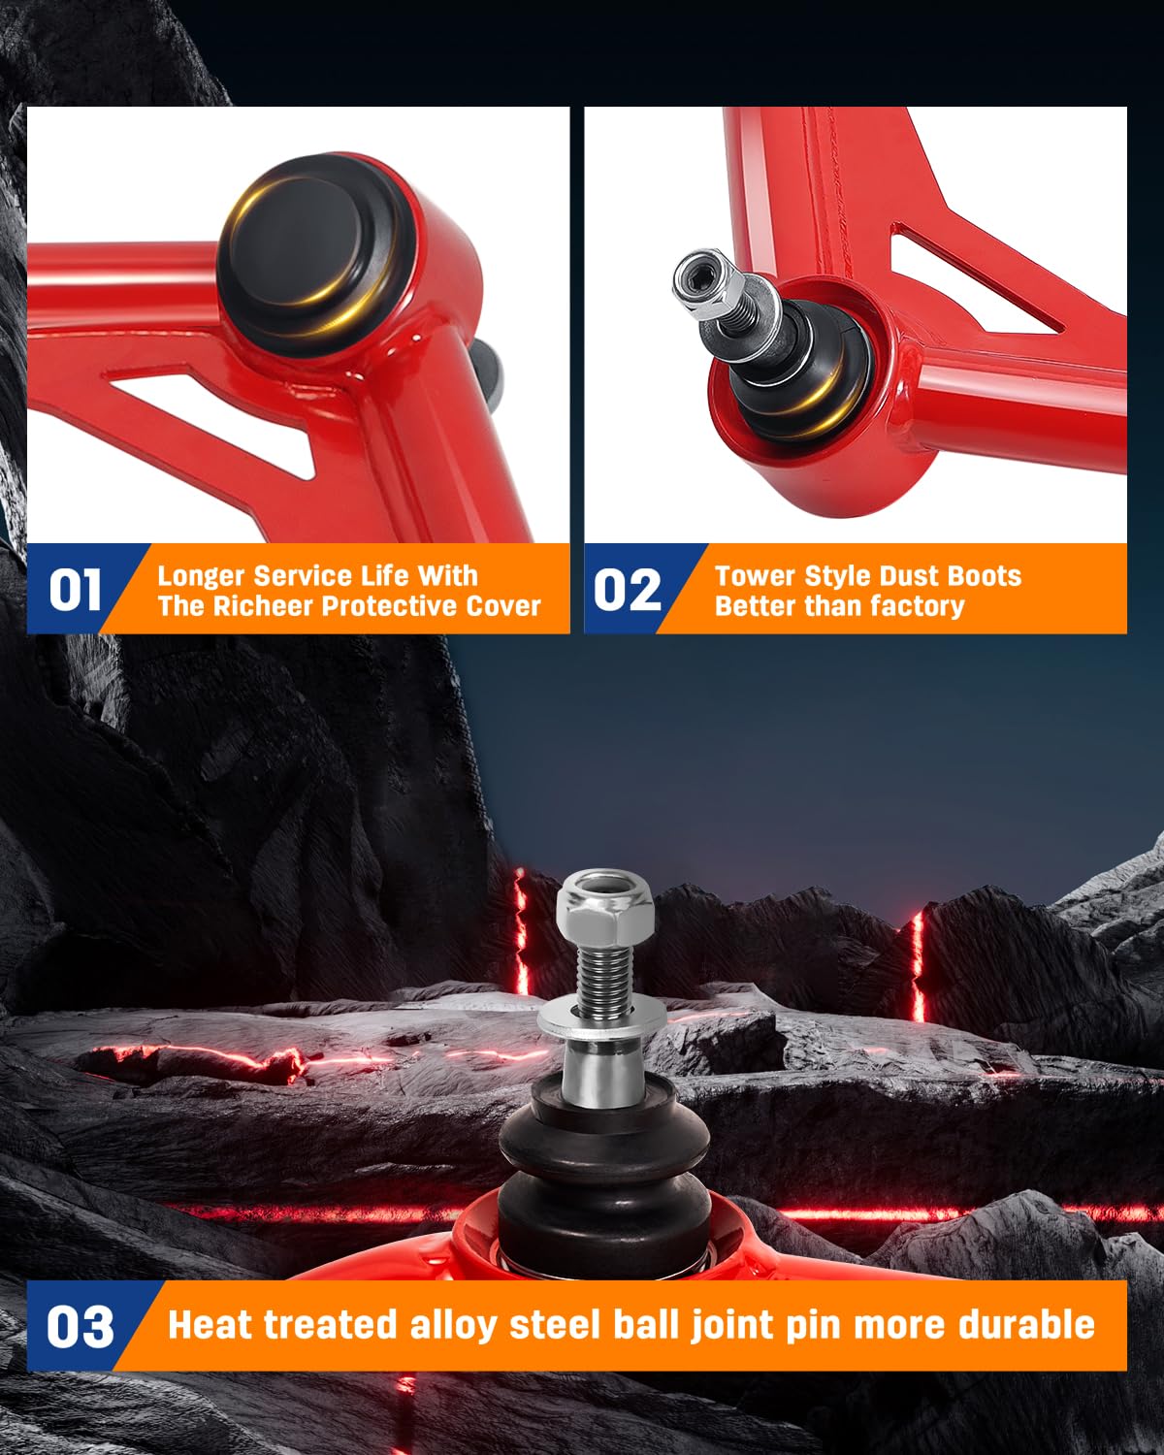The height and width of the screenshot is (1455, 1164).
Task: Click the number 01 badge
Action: pyautogui.click(x=75, y=590)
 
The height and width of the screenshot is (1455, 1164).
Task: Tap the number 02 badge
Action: pyautogui.click(x=627, y=590)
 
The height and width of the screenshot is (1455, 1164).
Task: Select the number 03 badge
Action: pyautogui.click(x=81, y=1326)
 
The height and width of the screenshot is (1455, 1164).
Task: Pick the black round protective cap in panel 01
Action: pyautogui.click(x=313, y=254)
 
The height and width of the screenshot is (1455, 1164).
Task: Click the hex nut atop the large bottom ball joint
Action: pyautogui.click(x=605, y=910)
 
